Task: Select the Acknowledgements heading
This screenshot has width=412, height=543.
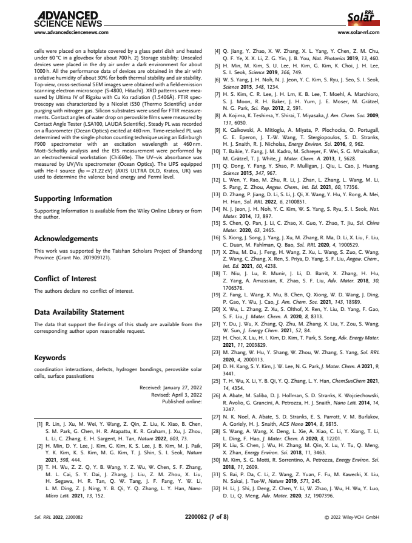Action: click(66, 239)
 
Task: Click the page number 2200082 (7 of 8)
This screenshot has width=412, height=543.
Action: click(206, 517)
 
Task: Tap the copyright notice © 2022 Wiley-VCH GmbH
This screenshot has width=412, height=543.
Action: click(351, 517)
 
